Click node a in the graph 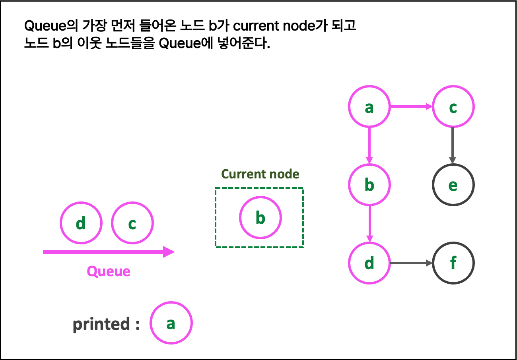click(369, 106)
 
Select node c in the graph click(453, 106)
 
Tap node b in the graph click(369, 185)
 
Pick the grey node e click(453, 185)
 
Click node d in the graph click(369, 263)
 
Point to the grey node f click(453, 263)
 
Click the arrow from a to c click(411, 106)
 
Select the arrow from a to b click(369, 145)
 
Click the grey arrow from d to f click(411, 263)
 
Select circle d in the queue click(81, 223)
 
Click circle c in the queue click(132, 223)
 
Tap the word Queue click(109, 271)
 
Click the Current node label click(260, 174)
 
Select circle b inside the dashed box click(260, 217)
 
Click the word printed click(101, 324)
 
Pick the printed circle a click(171, 323)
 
